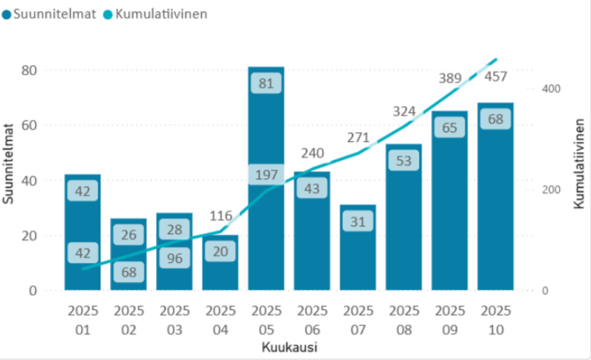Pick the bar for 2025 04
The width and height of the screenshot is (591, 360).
click(x=220, y=267)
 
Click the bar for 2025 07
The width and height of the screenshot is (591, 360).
click(x=358, y=255)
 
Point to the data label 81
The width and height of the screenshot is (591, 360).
click(x=266, y=83)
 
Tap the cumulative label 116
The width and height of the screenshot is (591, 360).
click(x=220, y=216)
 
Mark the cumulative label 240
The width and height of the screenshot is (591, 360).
click(x=312, y=154)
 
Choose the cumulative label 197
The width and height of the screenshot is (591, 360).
click(x=266, y=175)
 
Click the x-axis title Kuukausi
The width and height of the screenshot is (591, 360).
click(x=289, y=348)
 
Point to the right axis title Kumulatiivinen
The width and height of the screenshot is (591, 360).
click(x=579, y=163)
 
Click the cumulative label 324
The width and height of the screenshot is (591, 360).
click(x=404, y=111)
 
